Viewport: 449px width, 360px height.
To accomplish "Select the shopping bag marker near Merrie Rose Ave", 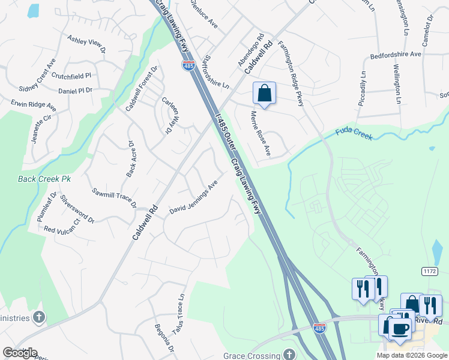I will [x=264, y=94].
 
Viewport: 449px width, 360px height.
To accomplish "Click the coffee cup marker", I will [x=400, y=328].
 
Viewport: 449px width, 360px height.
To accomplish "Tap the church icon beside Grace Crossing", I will [x=290, y=355].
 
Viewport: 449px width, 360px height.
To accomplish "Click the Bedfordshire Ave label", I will [x=396, y=54].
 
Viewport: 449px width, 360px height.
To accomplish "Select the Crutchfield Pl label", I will [x=71, y=76].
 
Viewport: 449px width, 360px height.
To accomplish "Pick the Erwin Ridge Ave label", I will [x=33, y=106].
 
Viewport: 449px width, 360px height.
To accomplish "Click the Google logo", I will [x=20, y=353].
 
